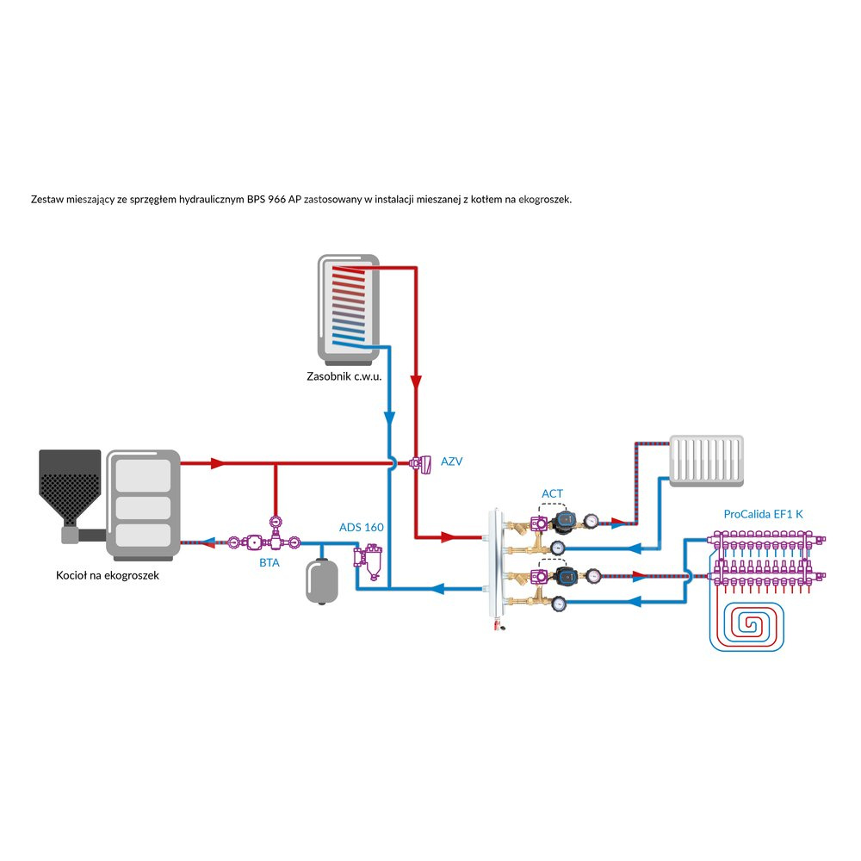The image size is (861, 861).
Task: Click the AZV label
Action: (x=452, y=461)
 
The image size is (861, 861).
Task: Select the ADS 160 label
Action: (x=362, y=527)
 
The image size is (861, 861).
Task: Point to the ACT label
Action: (x=552, y=493)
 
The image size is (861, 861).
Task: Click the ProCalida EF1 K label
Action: (x=763, y=514)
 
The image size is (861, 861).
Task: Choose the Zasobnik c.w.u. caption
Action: (x=344, y=376)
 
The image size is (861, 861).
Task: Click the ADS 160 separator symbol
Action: (x=369, y=561)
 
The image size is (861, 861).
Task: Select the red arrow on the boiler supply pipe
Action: (x=218, y=463)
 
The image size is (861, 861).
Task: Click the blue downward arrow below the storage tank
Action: (x=389, y=417)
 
